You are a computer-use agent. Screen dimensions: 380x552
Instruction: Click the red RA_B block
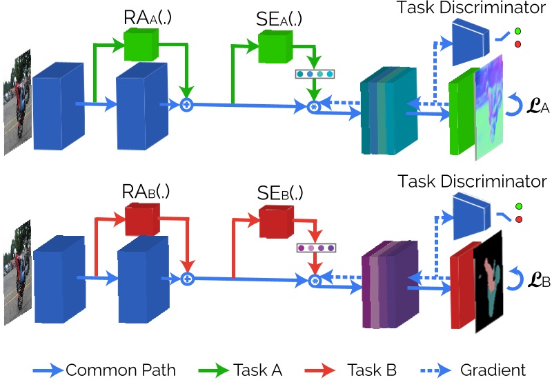click(141, 221)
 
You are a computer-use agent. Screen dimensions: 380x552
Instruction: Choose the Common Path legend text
click(121, 370)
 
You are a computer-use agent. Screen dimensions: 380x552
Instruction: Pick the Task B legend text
click(372, 370)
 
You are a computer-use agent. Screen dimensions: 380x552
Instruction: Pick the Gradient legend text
click(494, 370)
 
